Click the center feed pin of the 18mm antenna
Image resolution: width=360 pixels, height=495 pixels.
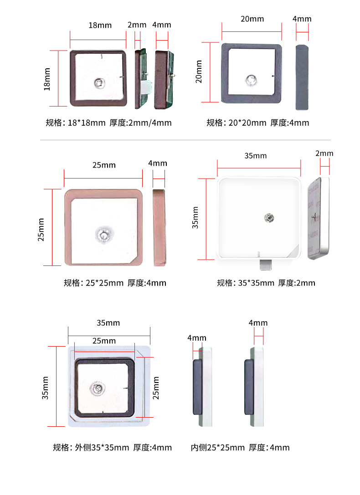[x=99, y=83]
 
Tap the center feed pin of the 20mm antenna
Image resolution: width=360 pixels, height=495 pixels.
[x=251, y=80]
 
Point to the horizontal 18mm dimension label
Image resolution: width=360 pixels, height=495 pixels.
[x=100, y=25]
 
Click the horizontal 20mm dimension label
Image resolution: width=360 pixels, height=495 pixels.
[x=252, y=19]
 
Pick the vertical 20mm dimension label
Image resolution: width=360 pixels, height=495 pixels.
[x=199, y=72]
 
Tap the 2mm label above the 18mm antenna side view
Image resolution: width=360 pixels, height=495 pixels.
[x=137, y=25]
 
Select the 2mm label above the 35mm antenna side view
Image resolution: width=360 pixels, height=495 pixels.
[x=324, y=153]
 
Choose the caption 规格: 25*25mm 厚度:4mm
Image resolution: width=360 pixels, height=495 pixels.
[x=115, y=283]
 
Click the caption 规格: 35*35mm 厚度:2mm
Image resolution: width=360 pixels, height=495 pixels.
[x=266, y=283]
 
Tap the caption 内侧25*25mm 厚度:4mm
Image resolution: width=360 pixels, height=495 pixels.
[x=240, y=447]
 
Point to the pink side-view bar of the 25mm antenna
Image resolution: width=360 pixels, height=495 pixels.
[x=159, y=227]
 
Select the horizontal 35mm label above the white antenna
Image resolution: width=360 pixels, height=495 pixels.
[x=256, y=156]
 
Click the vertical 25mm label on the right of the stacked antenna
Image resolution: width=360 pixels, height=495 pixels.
[x=156, y=388]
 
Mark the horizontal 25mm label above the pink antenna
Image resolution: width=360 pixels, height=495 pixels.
[x=104, y=165]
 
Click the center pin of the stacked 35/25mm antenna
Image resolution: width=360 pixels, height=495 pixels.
[x=98, y=388]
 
